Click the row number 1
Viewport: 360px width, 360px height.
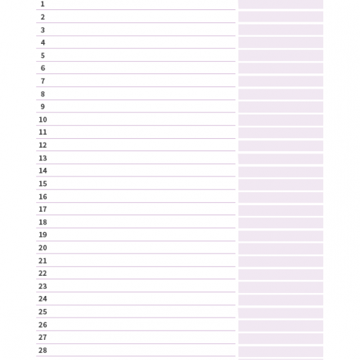[42, 4]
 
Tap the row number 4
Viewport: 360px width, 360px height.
[42, 42]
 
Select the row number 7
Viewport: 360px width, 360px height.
[42, 81]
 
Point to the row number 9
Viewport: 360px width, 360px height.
[42, 107]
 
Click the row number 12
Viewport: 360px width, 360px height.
[42, 145]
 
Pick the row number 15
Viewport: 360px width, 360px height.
[42, 184]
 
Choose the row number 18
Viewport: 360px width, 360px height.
[42, 222]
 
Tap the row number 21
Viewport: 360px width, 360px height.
[42, 261]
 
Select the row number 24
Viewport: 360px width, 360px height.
[42, 299]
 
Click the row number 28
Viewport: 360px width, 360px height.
[42, 351]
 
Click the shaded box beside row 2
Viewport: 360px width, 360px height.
[281, 17]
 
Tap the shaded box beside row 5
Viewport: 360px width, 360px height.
[281, 55]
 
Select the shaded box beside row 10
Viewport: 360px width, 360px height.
[281, 120]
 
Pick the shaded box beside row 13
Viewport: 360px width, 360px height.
[281, 158]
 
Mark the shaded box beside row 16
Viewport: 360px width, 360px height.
[281, 197]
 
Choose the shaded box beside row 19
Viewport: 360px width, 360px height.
[281, 236]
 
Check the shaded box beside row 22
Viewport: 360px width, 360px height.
[281, 274]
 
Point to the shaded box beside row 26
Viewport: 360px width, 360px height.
[281, 326]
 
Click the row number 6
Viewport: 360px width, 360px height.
[42, 68]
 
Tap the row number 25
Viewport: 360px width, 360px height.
[42, 312]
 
